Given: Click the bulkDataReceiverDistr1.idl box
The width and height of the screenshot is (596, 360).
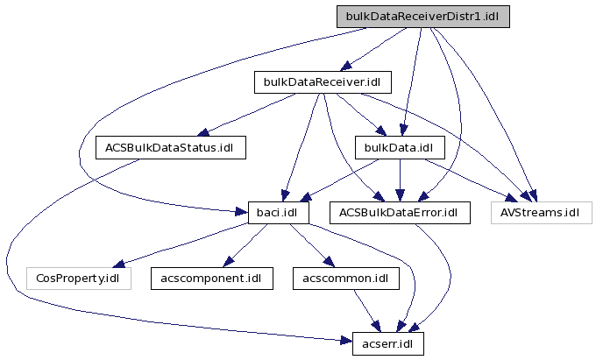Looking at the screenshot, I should coord(422,16).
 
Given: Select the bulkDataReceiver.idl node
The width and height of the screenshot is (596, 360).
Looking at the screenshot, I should coord(322,82).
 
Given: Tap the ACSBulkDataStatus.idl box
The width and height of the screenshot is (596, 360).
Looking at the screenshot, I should coord(170,147).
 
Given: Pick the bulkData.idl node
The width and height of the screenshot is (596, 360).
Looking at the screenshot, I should coord(401,147).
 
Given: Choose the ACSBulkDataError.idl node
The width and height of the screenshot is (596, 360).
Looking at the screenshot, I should coord(400,213).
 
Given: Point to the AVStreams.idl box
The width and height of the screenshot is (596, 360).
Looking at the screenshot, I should coord(541,213).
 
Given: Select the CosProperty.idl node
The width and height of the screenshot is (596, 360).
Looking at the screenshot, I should coord(79,279).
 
